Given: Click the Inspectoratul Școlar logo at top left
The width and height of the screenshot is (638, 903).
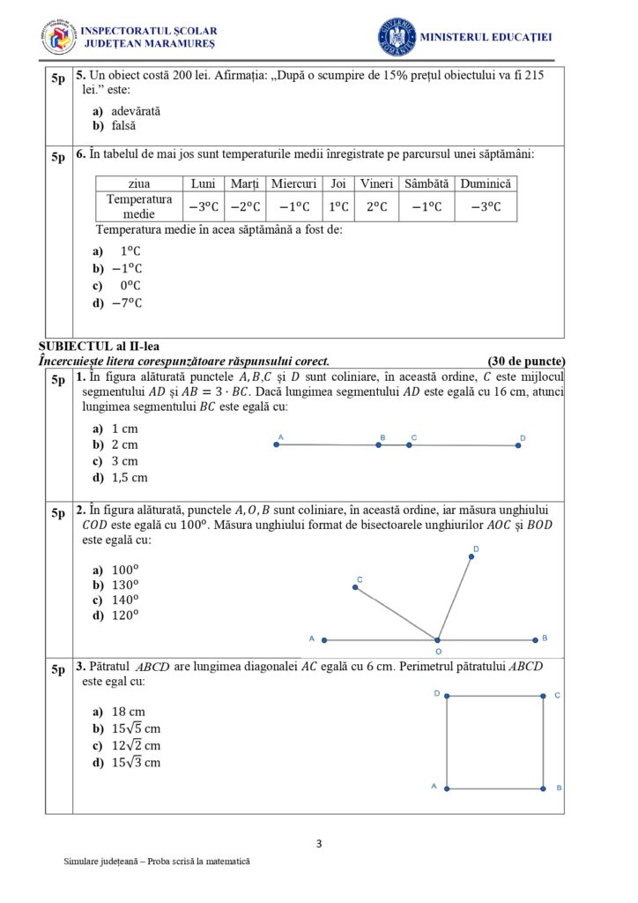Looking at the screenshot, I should (58, 36).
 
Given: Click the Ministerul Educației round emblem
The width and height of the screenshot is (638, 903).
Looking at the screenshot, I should (397, 36).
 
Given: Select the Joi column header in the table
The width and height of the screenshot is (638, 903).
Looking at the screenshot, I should (338, 183).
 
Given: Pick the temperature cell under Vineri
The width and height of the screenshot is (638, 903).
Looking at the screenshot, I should (376, 206).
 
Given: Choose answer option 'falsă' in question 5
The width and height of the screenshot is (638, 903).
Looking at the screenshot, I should (123, 126).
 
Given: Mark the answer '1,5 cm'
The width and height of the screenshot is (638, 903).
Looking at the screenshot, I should (130, 477).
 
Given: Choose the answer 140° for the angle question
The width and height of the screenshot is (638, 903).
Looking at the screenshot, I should (126, 600).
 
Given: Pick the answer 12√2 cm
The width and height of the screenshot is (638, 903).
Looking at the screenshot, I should (136, 746).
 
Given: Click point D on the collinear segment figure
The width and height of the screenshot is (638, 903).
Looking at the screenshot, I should (518, 445).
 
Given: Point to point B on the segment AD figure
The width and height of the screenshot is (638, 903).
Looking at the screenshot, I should (379, 445).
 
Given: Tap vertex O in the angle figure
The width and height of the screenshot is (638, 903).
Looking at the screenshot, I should (438, 639).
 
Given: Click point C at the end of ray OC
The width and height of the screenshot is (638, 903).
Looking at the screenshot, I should (355, 587).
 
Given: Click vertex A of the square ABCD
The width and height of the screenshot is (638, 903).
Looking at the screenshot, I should (447, 787).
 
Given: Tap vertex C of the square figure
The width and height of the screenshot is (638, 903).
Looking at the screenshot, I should (543, 697).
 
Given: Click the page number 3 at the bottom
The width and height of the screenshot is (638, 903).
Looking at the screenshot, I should (319, 844).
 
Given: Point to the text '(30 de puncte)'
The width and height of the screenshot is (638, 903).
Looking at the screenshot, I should (525, 361).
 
